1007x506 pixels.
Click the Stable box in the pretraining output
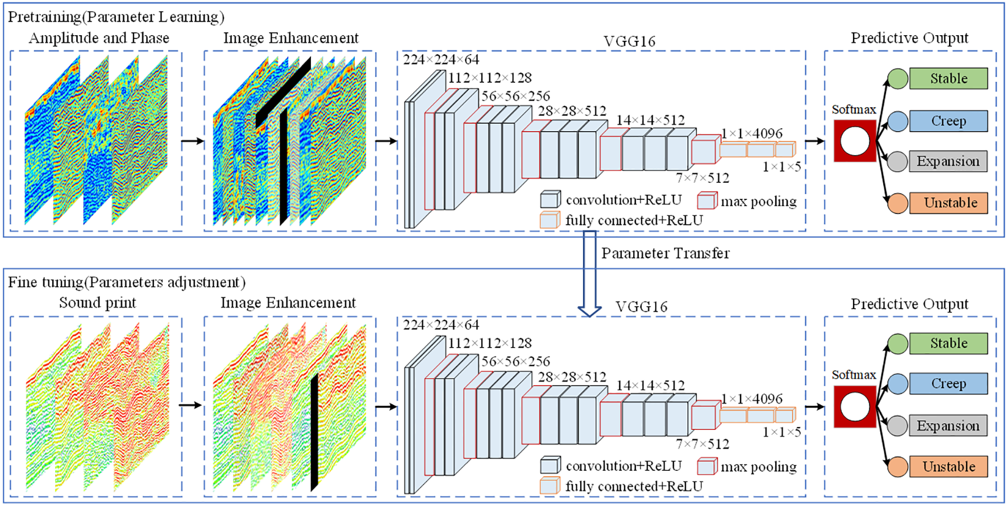tap(948, 78)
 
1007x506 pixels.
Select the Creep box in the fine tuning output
tap(948, 383)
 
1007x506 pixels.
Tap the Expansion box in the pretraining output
tap(948, 161)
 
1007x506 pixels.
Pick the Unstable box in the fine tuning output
tap(948, 466)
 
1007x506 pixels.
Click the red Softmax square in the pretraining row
tap(855, 141)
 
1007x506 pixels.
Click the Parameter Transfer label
tap(665, 253)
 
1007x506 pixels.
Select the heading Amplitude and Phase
tap(99, 38)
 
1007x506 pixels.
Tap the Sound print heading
tap(97, 303)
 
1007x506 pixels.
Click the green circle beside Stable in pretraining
tap(897, 79)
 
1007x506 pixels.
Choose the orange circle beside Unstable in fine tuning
tap(897, 466)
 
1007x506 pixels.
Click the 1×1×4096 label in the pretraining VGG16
tap(751, 133)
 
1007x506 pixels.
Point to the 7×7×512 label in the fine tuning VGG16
tap(702, 444)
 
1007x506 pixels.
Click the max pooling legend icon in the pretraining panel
tap(706, 200)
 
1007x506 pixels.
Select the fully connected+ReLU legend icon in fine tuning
tap(550, 486)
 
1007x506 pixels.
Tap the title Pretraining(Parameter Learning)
tap(116, 16)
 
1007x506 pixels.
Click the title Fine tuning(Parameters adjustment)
tap(126, 282)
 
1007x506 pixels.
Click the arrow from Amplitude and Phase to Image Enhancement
tap(193, 141)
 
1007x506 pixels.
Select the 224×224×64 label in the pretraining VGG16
tap(441, 60)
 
